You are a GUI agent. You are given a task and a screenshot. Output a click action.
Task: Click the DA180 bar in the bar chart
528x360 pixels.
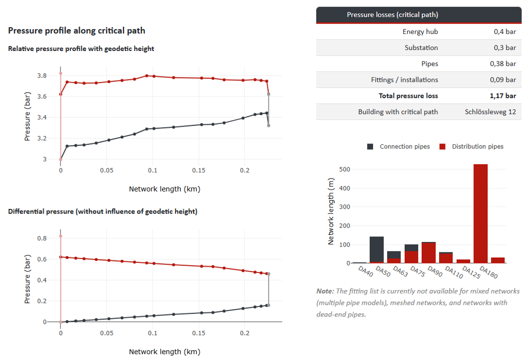[x=481, y=213]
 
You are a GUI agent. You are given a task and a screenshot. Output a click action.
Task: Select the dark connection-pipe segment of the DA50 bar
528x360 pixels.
[x=377, y=249]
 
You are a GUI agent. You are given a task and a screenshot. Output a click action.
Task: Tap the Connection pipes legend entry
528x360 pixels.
[x=398, y=146]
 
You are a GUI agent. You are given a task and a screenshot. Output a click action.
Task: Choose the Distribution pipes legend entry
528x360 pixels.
[x=472, y=146]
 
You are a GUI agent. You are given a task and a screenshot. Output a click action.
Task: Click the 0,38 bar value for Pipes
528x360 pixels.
[x=503, y=63]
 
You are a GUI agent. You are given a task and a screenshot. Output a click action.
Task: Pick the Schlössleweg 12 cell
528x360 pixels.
[x=491, y=112]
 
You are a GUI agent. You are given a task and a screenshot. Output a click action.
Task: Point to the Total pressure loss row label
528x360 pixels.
[x=408, y=95]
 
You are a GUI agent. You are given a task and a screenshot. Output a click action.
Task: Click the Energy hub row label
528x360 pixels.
[x=420, y=31]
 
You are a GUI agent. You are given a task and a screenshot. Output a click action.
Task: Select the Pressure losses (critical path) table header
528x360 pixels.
[x=392, y=15]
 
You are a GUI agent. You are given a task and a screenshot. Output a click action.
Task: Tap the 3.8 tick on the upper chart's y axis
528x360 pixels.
[x=42, y=75]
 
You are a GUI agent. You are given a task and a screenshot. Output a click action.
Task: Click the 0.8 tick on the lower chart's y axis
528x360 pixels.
[x=42, y=238]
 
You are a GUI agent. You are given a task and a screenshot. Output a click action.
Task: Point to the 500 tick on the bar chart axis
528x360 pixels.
[x=345, y=169]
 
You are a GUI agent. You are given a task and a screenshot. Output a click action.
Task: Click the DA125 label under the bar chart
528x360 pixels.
[x=471, y=272]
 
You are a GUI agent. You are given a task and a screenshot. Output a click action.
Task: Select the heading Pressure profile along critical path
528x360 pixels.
[x=77, y=30]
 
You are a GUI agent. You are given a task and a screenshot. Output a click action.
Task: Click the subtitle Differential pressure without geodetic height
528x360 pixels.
[x=103, y=211]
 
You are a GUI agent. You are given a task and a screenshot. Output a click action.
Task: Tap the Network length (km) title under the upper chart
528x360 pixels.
[x=165, y=189]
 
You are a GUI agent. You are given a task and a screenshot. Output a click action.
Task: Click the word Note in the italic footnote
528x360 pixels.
[x=325, y=291]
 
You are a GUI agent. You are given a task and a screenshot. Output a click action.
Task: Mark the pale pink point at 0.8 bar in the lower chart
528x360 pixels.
[x=60, y=236]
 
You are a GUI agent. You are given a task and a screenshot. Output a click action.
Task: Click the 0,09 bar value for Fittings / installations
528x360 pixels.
[x=503, y=80]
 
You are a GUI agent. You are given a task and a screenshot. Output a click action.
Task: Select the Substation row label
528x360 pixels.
[x=421, y=48]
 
